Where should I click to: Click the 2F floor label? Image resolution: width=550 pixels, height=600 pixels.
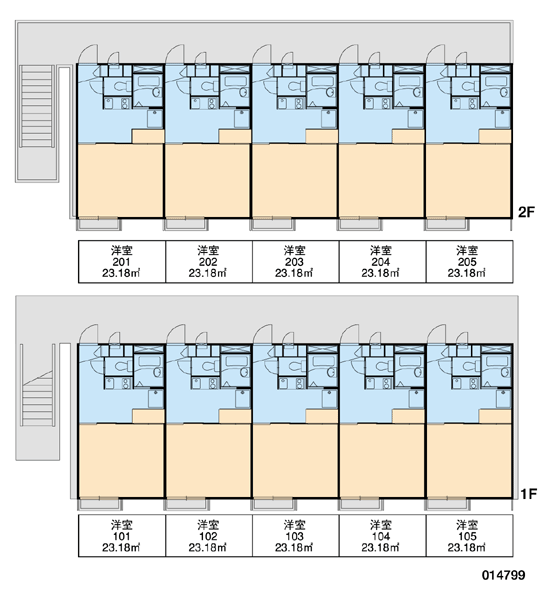[527, 212]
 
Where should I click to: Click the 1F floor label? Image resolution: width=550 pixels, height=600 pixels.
[528, 494]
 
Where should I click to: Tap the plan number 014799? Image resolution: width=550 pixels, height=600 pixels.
[504, 575]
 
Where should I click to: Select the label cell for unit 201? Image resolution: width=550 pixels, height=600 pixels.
[122, 262]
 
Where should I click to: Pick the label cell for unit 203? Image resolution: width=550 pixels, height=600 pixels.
[295, 262]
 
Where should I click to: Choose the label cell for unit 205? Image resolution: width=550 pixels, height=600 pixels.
[469, 262]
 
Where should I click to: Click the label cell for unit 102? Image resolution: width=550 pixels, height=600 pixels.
[209, 536]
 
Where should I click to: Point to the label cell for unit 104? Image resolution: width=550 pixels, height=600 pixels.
[382, 536]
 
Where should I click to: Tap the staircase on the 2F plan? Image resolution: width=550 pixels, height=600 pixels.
[36, 106]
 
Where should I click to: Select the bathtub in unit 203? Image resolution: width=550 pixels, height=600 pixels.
[321, 81]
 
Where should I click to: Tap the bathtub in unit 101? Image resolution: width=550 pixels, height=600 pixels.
[147, 361]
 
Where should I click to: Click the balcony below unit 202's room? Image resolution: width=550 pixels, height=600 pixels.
[186, 224]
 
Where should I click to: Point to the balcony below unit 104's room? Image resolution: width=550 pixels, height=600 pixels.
[361, 504]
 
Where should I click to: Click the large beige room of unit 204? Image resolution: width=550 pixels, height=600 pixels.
[382, 181]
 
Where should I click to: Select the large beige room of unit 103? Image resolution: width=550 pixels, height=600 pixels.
[295, 461]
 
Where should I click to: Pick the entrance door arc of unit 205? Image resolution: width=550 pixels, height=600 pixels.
[435, 54]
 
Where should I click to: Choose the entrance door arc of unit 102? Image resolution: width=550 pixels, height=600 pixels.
[175, 334]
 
